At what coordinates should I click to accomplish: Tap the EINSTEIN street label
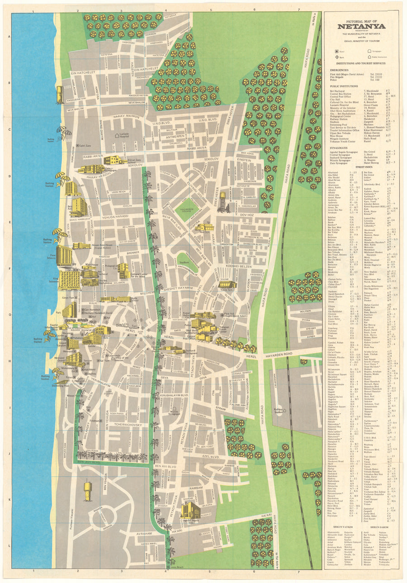click(x=244, y=161)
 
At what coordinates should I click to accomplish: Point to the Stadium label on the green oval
click(x=183, y=262)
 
